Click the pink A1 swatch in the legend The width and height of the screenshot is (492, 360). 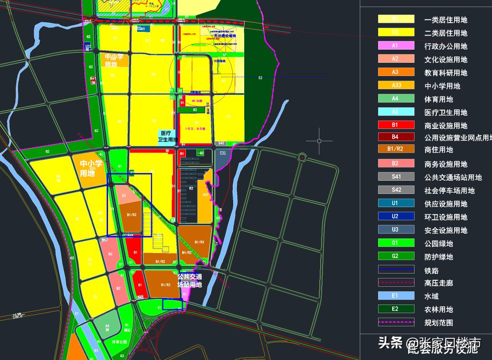(396, 46)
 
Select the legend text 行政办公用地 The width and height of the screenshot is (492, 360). (446, 46)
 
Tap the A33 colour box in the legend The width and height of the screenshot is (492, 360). (396, 85)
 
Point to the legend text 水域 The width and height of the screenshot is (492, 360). (431, 296)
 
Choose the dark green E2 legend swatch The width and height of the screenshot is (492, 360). (396, 309)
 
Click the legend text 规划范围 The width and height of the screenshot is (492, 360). (438, 323)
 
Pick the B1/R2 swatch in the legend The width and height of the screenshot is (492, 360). (396, 149)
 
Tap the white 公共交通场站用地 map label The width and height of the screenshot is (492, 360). (190, 280)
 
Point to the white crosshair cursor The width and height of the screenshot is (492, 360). (319, 141)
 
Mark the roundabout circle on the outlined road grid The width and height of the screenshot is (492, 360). (302, 157)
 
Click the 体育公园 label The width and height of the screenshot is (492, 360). (119, 342)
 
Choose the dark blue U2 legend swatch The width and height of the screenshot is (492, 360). (396, 217)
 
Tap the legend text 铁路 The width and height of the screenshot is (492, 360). (431, 270)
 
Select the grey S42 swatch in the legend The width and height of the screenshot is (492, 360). (396, 190)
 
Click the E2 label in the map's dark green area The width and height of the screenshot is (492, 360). (260, 78)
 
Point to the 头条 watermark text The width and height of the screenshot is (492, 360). (390, 342)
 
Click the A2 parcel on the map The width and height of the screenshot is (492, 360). (123, 195)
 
